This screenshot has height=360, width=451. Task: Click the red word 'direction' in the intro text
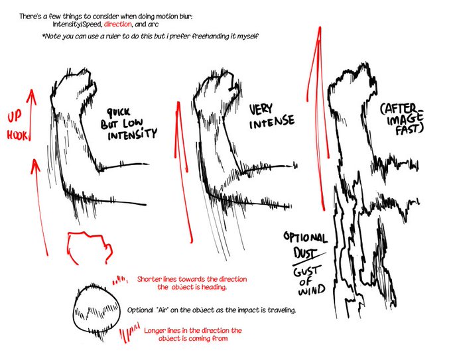pos(117,24)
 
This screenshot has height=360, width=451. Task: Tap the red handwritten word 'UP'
pos(15,117)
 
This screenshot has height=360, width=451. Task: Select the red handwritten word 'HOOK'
pos(17,135)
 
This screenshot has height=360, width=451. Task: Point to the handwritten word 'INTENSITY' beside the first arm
pos(132,134)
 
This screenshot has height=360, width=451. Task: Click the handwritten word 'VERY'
pos(261,109)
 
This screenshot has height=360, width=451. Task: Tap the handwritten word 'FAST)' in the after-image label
pos(409,129)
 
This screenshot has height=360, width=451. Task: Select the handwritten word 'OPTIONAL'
pos(305,237)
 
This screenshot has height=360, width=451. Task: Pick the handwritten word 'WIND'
pos(312,290)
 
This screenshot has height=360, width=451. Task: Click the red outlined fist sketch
pos(90,247)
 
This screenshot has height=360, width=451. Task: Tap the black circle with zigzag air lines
pos(96,310)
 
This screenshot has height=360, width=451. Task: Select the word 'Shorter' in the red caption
pos(149,279)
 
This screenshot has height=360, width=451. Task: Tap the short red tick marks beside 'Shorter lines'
pos(120,280)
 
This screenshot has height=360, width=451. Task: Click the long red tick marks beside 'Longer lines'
pos(129,333)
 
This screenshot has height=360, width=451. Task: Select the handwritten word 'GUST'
pos(306,271)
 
